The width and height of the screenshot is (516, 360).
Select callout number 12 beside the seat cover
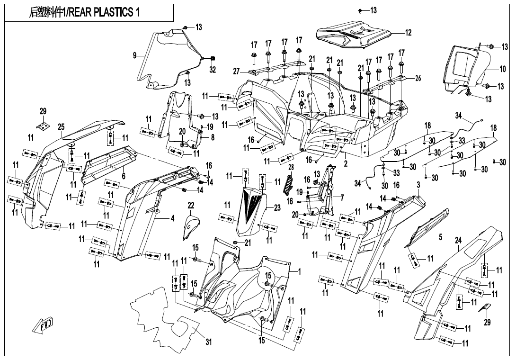tap(408, 33)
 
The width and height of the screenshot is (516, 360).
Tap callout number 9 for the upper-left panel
tap(135, 56)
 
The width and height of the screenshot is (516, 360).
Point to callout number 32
tap(213, 70)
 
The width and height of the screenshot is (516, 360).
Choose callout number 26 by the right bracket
tap(418, 78)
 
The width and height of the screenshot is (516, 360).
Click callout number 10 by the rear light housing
tap(503, 69)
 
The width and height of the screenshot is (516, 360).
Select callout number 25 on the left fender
tap(61, 126)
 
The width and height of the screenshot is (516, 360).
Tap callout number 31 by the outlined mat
tap(208, 342)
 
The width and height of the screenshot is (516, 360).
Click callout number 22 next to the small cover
tap(191, 205)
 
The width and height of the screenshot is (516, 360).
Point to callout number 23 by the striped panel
tap(277, 207)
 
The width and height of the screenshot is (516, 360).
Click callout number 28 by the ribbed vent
tap(291, 168)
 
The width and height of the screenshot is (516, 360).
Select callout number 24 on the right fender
tap(458, 241)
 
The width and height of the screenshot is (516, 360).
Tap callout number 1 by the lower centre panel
tap(299, 272)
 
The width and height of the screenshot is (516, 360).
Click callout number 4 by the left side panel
tap(172, 218)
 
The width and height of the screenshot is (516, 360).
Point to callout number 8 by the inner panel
tap(213, 137)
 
